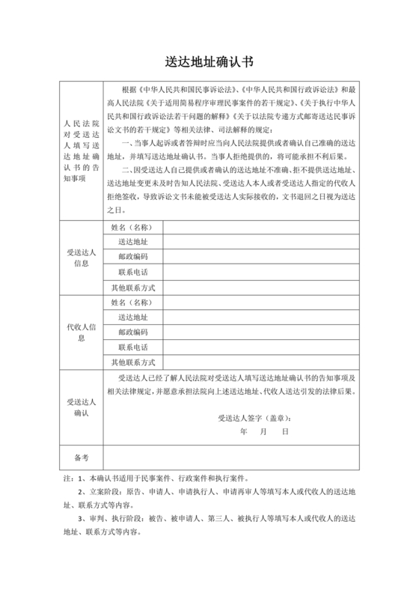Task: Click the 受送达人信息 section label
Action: point(81,258)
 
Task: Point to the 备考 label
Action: point(81,456)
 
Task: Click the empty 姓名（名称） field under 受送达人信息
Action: point(261,227)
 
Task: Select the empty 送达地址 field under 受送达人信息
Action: point(261,242)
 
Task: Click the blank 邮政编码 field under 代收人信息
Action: point(261,332)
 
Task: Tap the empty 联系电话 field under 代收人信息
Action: point(261,347)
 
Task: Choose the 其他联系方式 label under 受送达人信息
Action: point(132,287)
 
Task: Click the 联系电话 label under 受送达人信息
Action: point(132,272)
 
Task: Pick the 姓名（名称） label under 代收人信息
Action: point(132,302)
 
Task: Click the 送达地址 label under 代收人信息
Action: point(132,317)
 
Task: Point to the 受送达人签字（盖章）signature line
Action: point(254,418)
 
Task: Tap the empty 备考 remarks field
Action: point(231,456)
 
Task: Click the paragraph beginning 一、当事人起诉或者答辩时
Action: point(232,149)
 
